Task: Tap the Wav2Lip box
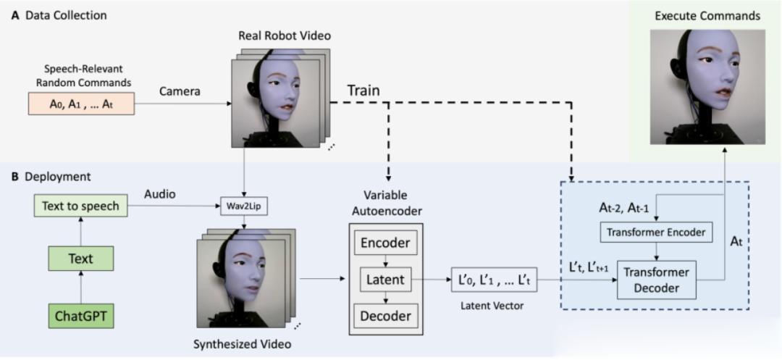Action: pos(245,206)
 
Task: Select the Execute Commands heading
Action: pos(707,16)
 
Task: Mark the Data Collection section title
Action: pos(59,14)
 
